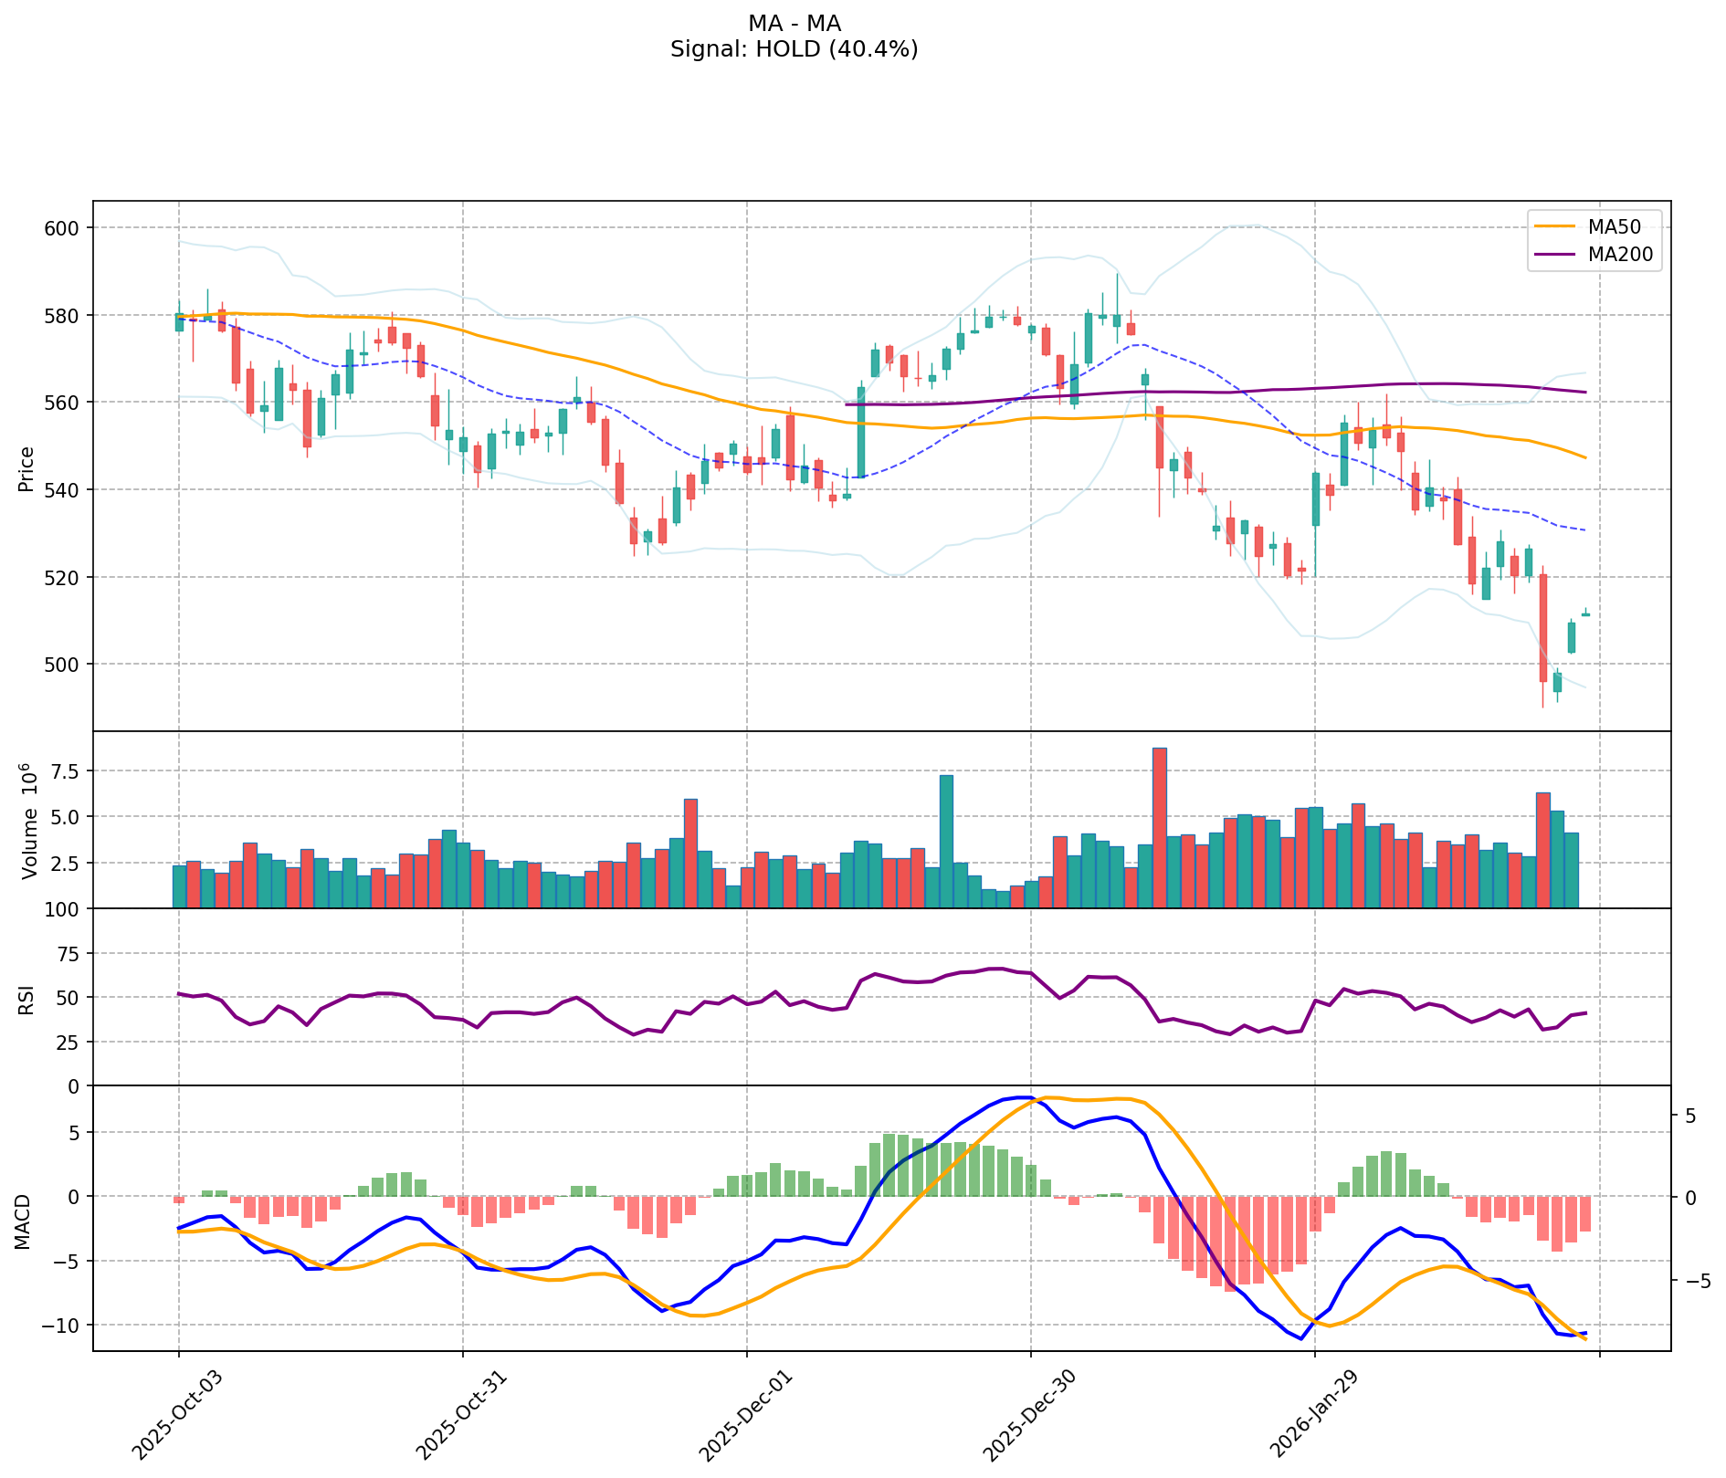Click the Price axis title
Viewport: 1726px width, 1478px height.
[26, 469]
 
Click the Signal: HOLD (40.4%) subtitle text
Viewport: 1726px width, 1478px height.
[794, 49]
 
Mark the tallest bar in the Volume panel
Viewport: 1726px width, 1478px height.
[1160, 827]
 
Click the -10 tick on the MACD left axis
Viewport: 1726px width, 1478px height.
[64, 1325]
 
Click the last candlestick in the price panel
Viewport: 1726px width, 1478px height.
[1585, 613]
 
